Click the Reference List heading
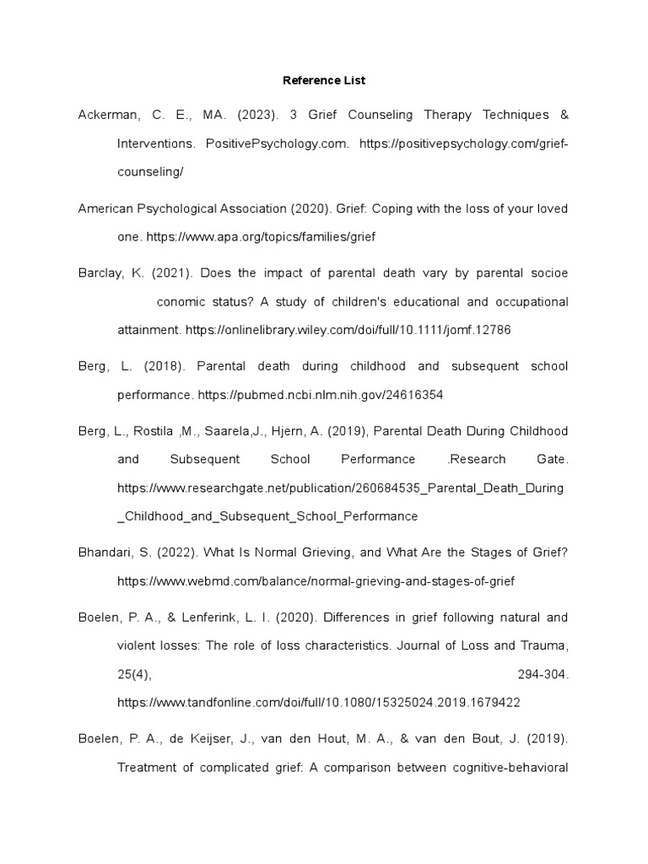pyautogui.click(x=324, y=81)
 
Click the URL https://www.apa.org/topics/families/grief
pyautogui.click(x=261, y=238)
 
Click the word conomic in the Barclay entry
pyautogui.click(x=186, y=302)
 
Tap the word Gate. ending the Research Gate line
pyautogui.click(x=553, y=459)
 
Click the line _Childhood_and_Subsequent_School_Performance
pyautogui.click(x=267, y=516)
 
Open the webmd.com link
pyautogui.click(x=316, y=581)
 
